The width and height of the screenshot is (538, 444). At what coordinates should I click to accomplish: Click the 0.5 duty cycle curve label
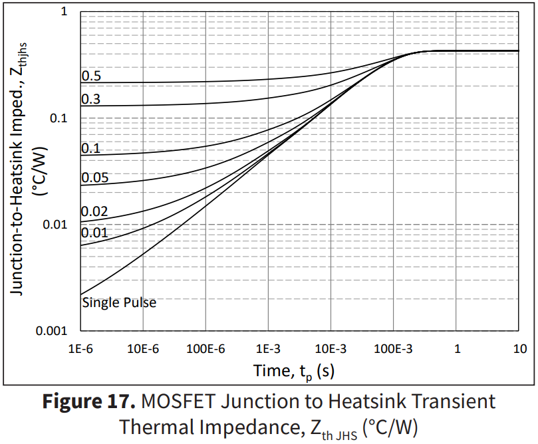tap(91, 76)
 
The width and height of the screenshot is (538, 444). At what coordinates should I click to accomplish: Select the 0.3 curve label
tap(91, 99)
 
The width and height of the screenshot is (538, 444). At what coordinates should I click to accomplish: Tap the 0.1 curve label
tap(91, 148)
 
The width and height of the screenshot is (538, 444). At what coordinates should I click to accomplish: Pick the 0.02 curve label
tap(94, 212)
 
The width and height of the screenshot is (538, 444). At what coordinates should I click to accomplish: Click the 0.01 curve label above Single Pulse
tap(94, 233)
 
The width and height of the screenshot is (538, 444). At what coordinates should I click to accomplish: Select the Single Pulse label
tap(119, 302)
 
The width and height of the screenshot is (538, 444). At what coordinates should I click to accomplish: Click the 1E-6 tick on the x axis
tap(80, 348)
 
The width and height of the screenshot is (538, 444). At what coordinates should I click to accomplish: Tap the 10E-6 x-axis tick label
tap(142, 348)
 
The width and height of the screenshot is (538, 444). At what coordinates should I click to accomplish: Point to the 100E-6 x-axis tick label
tap(205, 348)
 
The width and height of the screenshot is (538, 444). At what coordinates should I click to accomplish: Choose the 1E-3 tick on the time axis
tap(268, 348)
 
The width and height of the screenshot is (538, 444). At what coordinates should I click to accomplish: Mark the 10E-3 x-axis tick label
tap(331, 348)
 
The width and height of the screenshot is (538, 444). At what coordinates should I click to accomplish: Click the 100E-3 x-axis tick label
tap(393, 348)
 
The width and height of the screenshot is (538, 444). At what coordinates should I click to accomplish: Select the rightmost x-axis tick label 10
tap(520, 348)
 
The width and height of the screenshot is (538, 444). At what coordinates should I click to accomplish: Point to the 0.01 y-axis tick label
tap(59, 225)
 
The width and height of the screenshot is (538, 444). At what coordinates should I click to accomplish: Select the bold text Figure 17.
tap(90, 401)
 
